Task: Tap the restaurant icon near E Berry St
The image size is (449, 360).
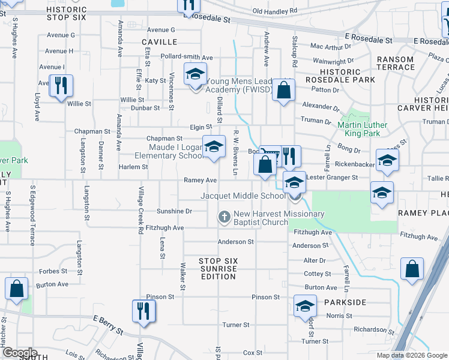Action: click(x=143, y=310)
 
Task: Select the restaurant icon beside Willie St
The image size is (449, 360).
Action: click(x=61, y=85)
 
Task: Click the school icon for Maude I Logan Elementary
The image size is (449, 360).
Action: click(x=214, y=146)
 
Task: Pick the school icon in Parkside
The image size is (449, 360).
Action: click(x=305, y=306)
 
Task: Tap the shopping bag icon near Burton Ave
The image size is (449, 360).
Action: click(x=17, y=288)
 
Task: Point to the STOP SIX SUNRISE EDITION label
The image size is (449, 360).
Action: click(x=218, y=269)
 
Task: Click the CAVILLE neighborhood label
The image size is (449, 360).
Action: click(x=160, y=42)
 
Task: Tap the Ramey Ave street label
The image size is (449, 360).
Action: click(x=200, y=180)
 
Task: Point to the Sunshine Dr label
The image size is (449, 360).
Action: click(x=174, y=211)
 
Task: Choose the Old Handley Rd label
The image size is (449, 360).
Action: click(x=275, y=11)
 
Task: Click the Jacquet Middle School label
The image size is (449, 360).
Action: click(x=243, y=196)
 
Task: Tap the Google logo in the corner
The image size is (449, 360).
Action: click(x=20, y=353)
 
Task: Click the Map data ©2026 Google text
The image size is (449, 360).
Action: click(x=411, y=355)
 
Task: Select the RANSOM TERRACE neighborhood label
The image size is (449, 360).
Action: click(x=396, y=63)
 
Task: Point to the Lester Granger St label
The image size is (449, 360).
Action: click(x=332, y=178)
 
